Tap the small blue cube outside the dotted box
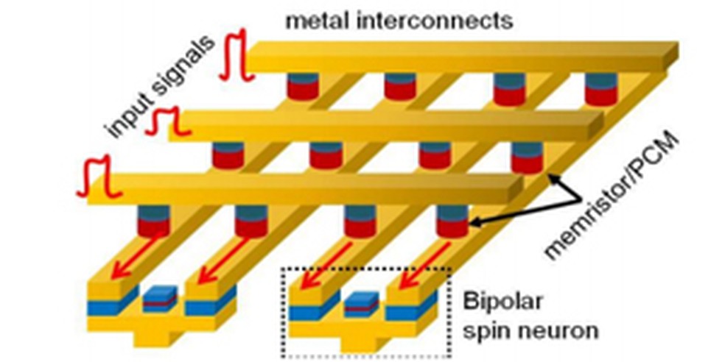tap(160, 299)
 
